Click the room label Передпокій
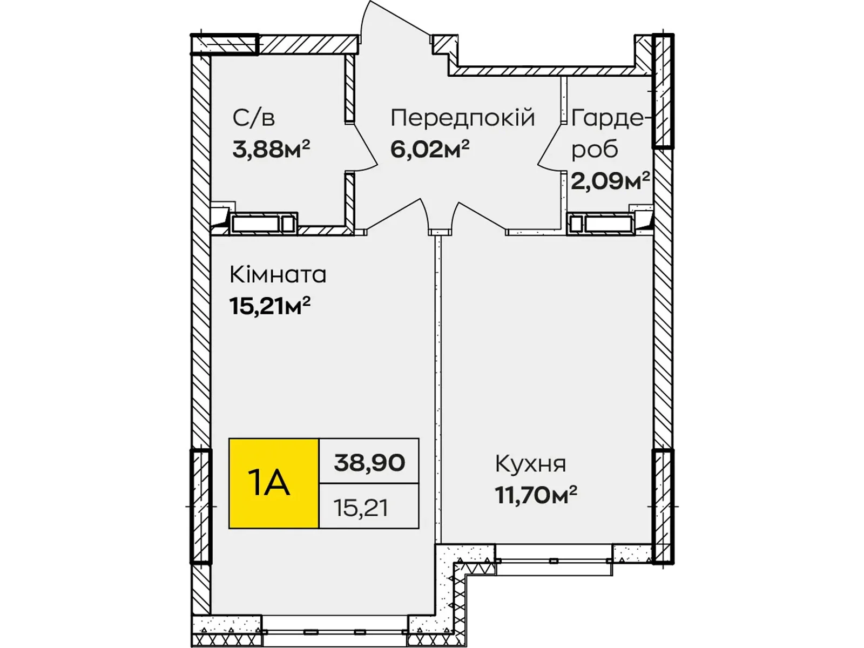tap(462, 118)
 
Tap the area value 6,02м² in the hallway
tap(429, 148)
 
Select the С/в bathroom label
tap(253, 118)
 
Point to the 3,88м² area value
tap(271, 148)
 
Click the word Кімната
tap(278, 275)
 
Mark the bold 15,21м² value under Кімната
tap(269, 306)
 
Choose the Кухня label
tap(530, 463)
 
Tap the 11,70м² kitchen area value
tap(536, 495)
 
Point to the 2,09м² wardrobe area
tap(610, 181)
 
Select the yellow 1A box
tap(274, 483)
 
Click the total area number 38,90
tap(369, 462)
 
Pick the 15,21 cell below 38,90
tap(361, 508)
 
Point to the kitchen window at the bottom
tap(553, 561)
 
